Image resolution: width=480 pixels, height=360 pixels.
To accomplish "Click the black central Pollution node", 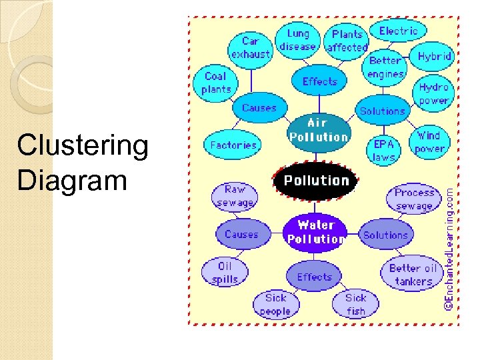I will click(316, 181).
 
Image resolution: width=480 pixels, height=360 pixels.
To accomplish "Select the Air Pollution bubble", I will click(319, 130).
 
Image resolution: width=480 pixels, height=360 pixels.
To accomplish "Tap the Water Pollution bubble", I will click(316, 231).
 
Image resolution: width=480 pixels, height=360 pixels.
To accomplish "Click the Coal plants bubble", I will click(216, 83).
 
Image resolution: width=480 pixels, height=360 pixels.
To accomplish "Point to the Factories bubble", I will click(233, 145).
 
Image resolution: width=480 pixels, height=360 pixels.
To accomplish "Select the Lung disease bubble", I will click(298, 40).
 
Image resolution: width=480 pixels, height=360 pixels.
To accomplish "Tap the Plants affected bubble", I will click(347, 41).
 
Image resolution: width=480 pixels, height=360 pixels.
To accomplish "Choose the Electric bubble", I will click(398, 31).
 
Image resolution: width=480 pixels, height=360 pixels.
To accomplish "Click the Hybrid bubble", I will click(434, 57).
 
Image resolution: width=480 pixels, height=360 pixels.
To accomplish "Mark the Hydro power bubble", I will click(433, 94).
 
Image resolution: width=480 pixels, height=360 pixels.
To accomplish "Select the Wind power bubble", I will click(429, 142).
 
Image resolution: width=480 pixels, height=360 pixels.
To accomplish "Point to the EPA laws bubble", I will click(384, 151).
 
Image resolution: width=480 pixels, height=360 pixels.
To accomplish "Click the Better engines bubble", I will click(385, 67).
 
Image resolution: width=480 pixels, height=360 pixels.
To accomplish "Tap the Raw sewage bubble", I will click(235, 196).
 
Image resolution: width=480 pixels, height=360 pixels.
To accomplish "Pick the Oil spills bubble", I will click(225, 273).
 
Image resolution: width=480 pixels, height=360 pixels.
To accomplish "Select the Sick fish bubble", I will click(355, 304).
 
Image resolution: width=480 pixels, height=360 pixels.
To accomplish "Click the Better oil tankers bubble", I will click(413, 275).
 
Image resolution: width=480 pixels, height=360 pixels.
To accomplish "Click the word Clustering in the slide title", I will click(83, 146).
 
